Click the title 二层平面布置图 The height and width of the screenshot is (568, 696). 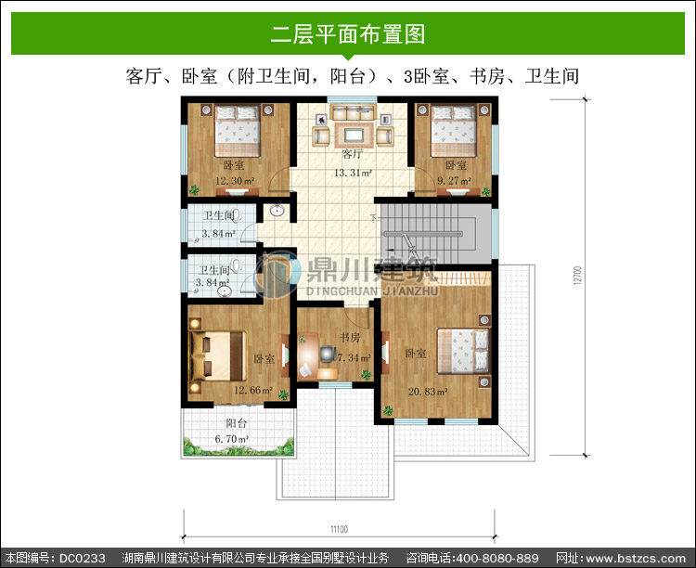tap(348, 34)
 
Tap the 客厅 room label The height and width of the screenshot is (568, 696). tap(352, 154)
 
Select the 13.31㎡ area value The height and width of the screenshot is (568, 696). tap(353, 173)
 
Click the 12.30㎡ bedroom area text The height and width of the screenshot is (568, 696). tap(235, 181)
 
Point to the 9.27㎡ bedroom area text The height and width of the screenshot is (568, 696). tap(454, 181)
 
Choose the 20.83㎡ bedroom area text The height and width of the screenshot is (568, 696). tap(428, 392)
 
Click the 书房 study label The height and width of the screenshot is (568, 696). tap(350, 338)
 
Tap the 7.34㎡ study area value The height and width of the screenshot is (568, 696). tap(354, 357)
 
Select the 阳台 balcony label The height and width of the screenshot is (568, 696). tap(236, 423)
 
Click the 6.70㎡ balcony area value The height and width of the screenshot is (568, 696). tap(232, 439)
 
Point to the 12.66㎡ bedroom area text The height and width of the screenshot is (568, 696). tap(253, 390)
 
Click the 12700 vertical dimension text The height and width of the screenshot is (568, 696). tap(577, 276)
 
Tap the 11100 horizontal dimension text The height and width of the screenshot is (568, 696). tap(339, 529)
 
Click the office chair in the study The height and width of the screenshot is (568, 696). tap(328, 354)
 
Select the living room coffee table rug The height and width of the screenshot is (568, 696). tap(354, 135)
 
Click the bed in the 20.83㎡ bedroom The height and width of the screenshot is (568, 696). tap(463, 351)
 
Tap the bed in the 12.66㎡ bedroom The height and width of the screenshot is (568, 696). tap(217, 356)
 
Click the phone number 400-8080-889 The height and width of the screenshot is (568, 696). tap(497, 558)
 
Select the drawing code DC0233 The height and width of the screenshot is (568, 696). tap(82, 558)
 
